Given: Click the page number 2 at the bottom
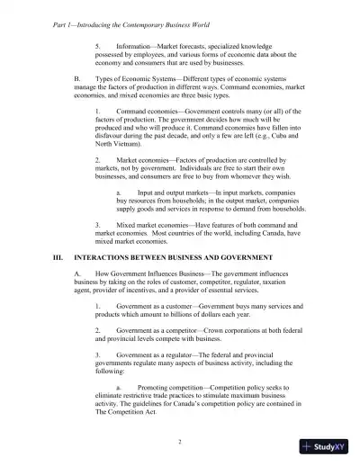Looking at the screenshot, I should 180,440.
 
